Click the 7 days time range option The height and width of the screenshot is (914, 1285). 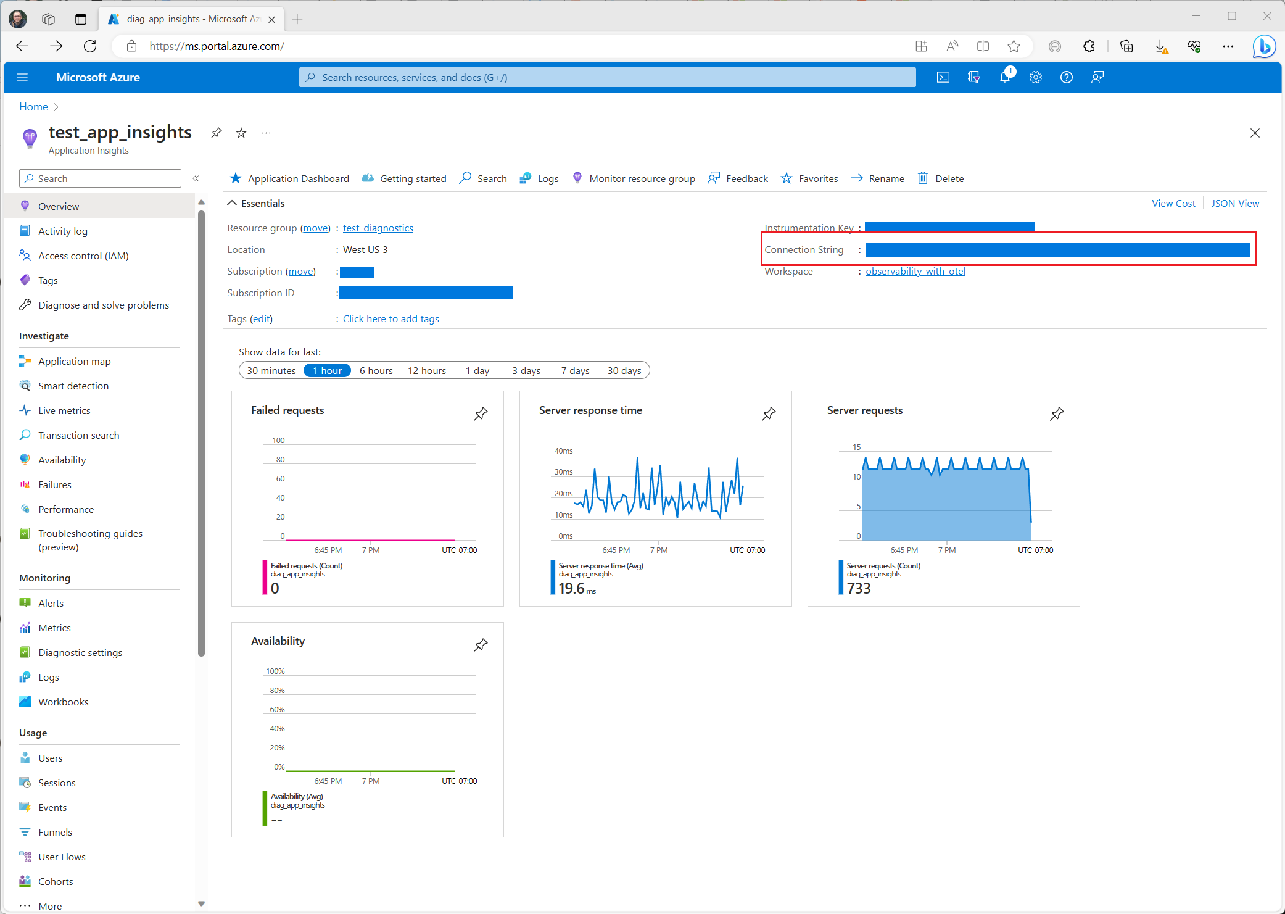[575, 370]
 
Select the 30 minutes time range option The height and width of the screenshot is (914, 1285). [271, 370]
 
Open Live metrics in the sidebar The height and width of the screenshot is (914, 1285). [64, 410]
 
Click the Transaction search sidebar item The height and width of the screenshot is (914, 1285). [78, 435]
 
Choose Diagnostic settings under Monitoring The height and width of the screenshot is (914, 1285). [80, 652]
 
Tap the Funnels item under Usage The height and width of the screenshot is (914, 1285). [55, 832]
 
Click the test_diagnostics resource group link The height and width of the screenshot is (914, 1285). [378, 228]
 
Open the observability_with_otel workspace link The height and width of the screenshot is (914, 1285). [915, 271]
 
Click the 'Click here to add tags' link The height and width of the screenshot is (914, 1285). [390, 318]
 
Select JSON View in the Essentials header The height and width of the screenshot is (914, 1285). [1235, 203]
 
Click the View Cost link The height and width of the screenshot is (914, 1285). [1173, 203]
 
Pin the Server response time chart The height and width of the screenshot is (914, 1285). [769, 413]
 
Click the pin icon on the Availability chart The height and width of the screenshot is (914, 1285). [481, 645]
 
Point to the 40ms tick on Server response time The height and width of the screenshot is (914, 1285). [563, 451]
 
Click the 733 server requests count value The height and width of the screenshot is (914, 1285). [859, 588]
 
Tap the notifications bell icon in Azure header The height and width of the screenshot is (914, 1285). [1005, 77]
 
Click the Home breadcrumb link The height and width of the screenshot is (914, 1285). [33, 107]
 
